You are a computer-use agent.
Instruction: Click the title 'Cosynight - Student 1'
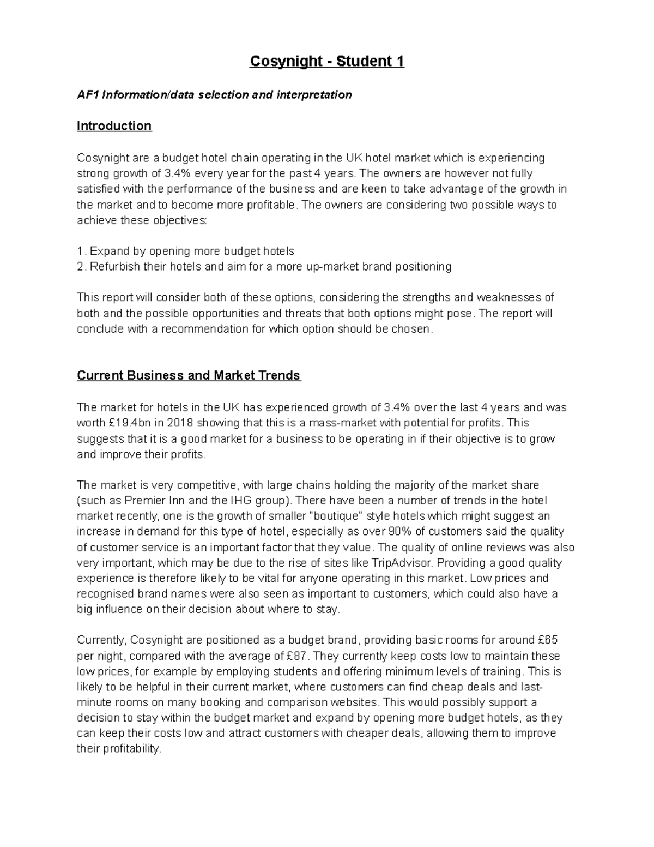tap(327, 61)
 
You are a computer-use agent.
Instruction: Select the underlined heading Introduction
tap(114, 126)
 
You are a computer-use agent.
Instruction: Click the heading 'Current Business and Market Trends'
tap(189, 375)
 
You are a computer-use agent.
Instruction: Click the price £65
tap(547, 640)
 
